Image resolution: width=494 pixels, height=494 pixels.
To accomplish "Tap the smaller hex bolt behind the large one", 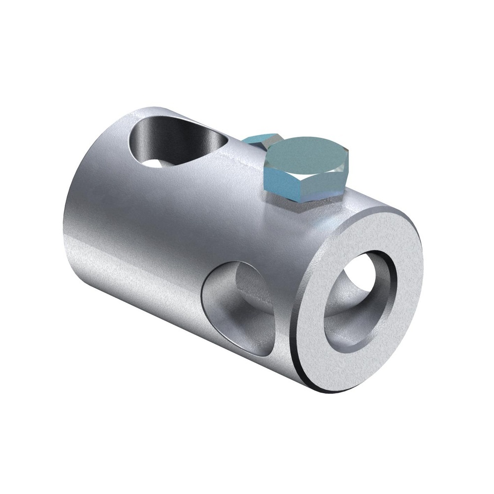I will pyautogui.click(x=262, y=139).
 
